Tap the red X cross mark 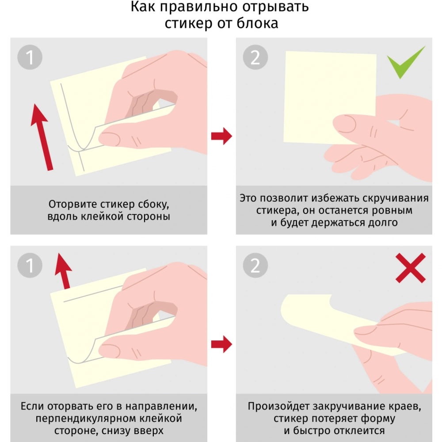pyautogui.click(x=410, y=268)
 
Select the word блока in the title pyautogui.click(x=258, y=23)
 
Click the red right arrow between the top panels pyautogui.click(x=221, y=136)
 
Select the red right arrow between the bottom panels pyautogui.click(x=221, y=344)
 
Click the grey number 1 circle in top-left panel pyautogui.click(x=30, y=58)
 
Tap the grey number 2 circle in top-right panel pyautogui.click(x=255, y=58)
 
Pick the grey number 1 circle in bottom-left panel pyautogui.click(x=30, y=266)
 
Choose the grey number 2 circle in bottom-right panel pyautogui.click(x=255, y=266)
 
